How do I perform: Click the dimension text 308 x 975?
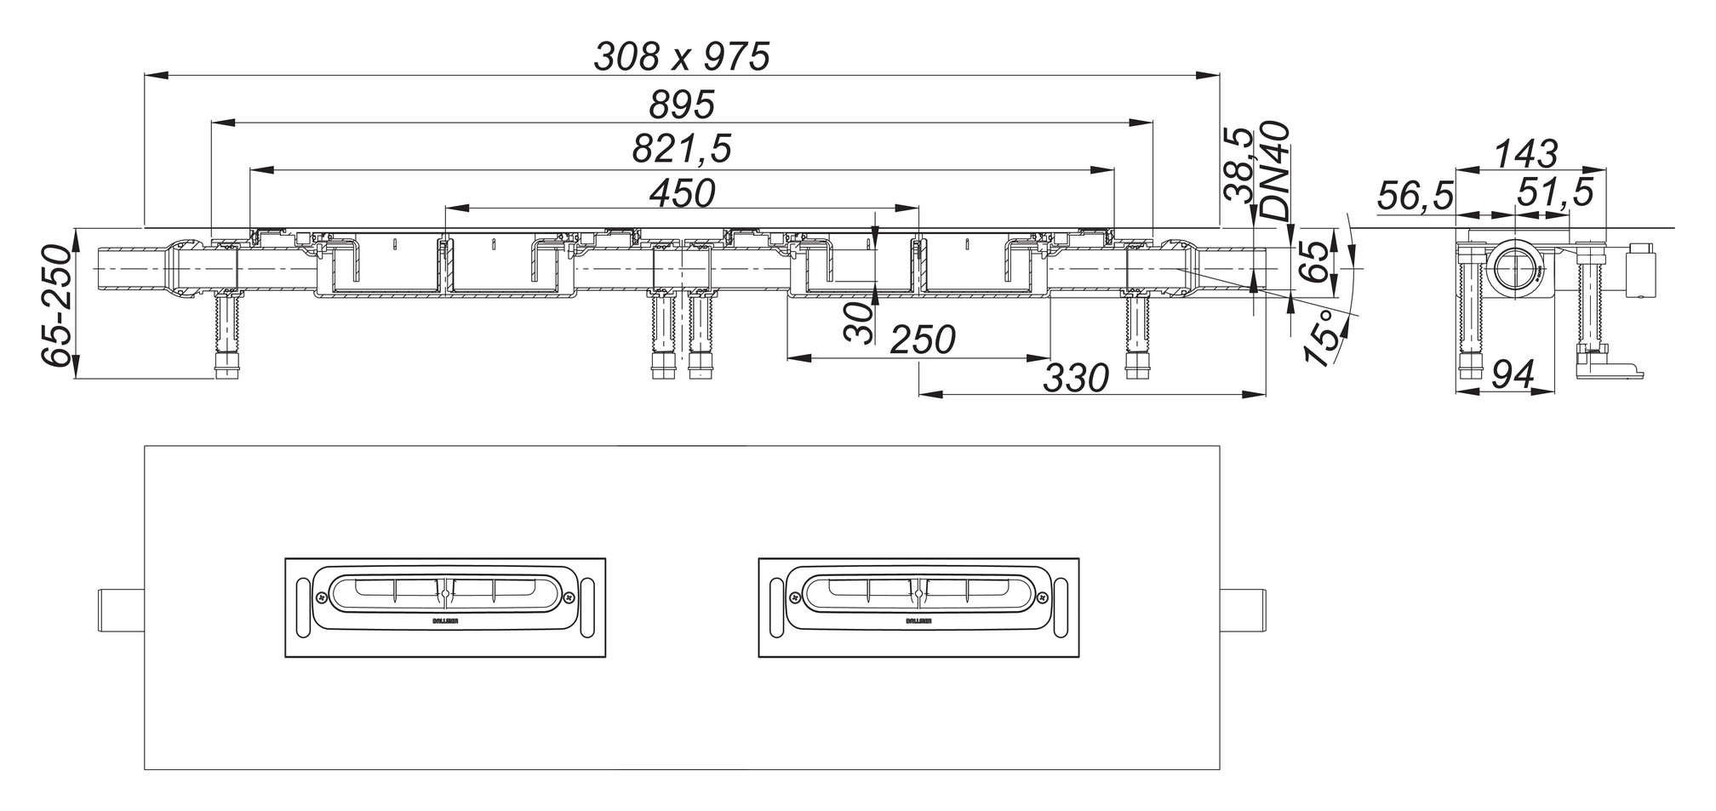tap(681, 57)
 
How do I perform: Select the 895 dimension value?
tap(681, 106)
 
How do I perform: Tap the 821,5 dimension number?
tap(681, 150)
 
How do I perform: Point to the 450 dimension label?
tap(681, 194)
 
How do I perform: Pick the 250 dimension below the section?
tap(923, 341)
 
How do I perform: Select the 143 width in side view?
tap(1525, 154)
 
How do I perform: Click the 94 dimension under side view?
tap(1513, 374)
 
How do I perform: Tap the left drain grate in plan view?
tap(444, 608)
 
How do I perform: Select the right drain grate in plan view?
tap(918, 608)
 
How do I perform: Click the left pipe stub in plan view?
tap(122, 610)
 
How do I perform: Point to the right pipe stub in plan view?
tap(1243, 610)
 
